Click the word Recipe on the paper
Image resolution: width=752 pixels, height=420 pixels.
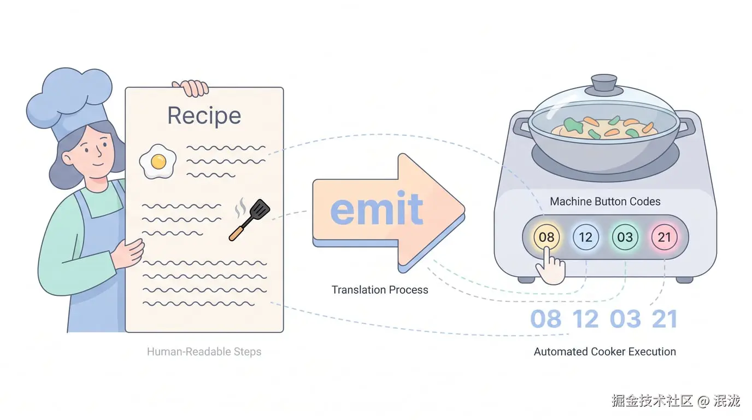click(204, 116)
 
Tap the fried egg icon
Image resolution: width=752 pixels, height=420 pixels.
click(158, 162)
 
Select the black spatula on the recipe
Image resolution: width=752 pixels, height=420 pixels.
click(249, 219)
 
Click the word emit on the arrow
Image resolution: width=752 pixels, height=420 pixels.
click(377, 208)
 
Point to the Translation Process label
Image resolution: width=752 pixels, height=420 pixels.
click(380, 290)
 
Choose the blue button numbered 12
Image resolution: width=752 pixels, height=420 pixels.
click(585, 237)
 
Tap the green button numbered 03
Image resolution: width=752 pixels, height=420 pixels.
click(625, 237)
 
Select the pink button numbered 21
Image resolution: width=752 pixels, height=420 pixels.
click(664, 237)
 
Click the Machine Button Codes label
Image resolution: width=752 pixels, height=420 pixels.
click(605, 201)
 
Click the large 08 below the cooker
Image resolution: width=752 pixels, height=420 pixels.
click(545, 319)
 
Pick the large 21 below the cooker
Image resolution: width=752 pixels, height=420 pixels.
click(665, 319)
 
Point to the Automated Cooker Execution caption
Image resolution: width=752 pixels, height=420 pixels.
click(604, 352)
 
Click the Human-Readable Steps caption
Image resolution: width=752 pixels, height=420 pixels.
click(204, 352)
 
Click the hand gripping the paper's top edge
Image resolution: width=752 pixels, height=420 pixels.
click(190, 88)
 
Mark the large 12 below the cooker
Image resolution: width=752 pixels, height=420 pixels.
click(585, 319)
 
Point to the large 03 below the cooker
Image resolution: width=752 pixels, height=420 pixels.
click(625, 319)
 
